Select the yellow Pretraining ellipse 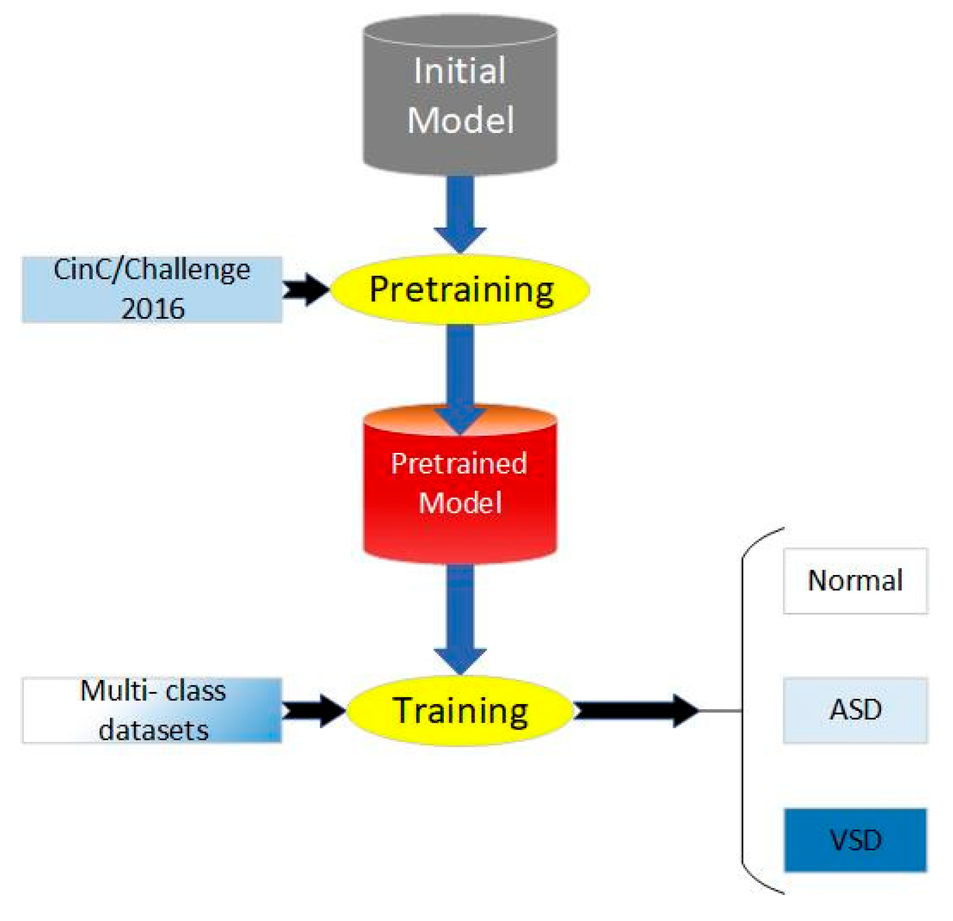point(459,289)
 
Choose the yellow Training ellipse point(459,710)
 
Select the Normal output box point(855,580)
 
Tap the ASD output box point(855,710)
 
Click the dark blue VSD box point(855,840)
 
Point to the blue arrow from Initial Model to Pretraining point(460,211)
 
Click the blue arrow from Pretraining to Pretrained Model point(460,368)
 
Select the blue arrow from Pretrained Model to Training point(460,618)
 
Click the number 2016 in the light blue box point(153,309)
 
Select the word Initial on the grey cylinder point(459,71)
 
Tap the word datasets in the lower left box point(153,730)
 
